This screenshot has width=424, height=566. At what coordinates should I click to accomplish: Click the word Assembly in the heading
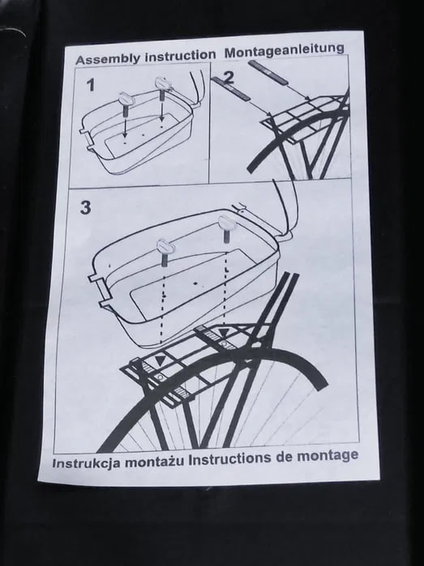click(x=107, y=58)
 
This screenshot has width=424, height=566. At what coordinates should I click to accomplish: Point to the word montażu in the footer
click(x=153, y=462)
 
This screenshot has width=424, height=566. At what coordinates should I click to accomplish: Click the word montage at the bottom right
click(x=328, y=456)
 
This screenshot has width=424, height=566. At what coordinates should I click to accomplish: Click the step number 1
click(x=91, y=85)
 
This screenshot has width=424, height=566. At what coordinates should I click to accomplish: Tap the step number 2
click(x=229, y=78)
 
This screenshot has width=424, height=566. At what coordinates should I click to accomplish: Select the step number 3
click(x=85, y=207)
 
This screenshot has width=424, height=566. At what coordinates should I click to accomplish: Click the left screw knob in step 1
click(x=126, y=102)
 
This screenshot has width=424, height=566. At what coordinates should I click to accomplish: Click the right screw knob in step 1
click(x=161, y=86)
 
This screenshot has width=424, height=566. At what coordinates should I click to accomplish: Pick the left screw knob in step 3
click(x=165, y=252)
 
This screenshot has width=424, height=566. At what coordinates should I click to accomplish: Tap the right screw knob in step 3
click(x=226, y=227)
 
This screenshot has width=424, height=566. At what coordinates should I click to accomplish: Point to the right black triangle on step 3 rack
click(x=225, y=333)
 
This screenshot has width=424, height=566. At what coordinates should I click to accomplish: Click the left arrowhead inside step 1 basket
click(x=124, y=135)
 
